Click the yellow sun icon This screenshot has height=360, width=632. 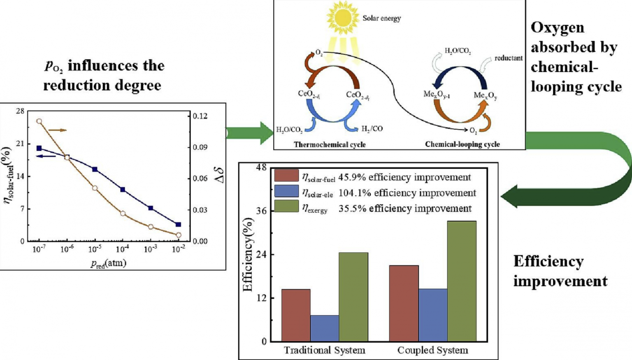[x=342, y=18]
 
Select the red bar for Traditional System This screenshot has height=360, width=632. [x=296, y=315]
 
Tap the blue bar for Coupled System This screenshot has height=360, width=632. [x=433, y=315]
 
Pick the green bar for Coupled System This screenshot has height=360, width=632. [x=462, y=281]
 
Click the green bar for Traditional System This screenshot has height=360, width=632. [x=353, y=297]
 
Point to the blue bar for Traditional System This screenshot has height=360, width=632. [x=325, y=328]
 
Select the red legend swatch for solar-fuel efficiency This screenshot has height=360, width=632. [x=286, y=176]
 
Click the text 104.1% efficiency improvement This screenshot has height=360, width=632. [x=407, y=193]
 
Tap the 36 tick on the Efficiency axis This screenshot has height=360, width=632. [x=261, y=211]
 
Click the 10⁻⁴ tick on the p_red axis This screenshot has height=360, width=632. [x=123, y=249]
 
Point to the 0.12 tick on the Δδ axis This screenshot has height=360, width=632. [x=200, y=116]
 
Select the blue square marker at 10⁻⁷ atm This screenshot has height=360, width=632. [x=39, y=148]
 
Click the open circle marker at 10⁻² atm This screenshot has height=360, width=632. [x=178, y=235]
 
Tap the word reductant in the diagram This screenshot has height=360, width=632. [x=508, y=58]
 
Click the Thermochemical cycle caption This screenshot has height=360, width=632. [x=330, y=144]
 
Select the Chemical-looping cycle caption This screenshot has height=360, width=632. [x=462, y=144]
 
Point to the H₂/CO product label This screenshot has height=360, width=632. [x=372, y=129]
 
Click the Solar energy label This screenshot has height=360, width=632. [x=381, y=18]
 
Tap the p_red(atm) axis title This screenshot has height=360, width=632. [x=108, y=263]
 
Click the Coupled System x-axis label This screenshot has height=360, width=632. [x=432, y=350]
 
